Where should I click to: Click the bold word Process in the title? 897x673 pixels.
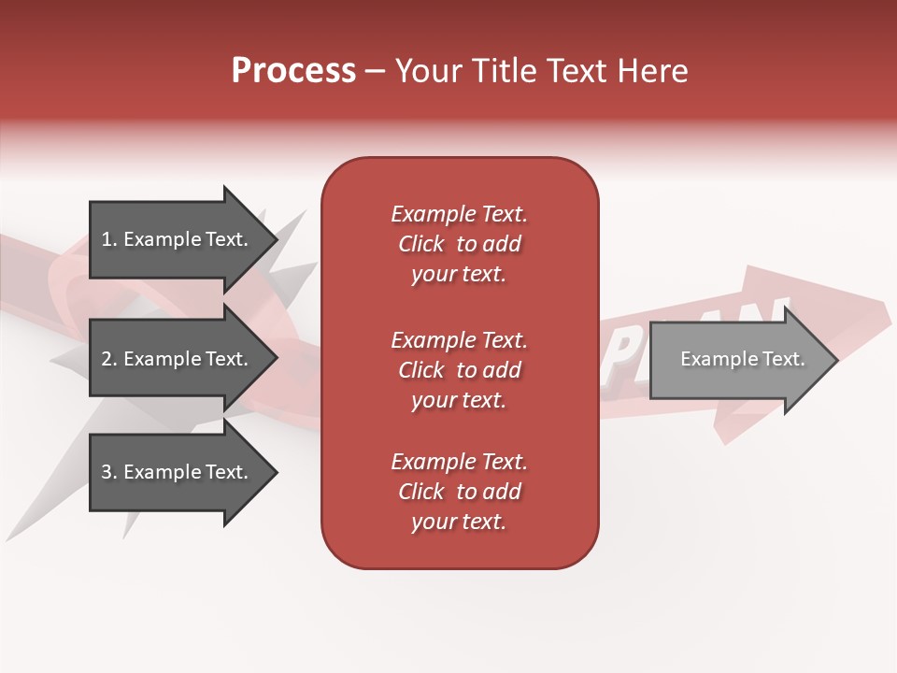pyautogui.click(x=293, y=71)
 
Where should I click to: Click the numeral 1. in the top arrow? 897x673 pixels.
pyautogui.click(x=108, y=239)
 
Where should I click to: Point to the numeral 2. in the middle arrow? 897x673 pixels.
pyautogui.click(x=108, y=359)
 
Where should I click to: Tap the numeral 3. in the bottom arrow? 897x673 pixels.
pyautogui.click(x=108, y=472)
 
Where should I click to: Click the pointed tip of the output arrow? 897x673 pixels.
pyautogui.click(x=834, y=360)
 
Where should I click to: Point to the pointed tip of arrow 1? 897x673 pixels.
pyautogui.click(x=275, y=239)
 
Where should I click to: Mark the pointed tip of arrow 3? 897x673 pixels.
pyautogui.click(x=275, y=472)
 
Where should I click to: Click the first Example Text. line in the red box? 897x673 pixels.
pyautogui.click(x=459, y=214)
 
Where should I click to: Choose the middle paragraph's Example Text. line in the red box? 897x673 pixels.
pyautogui.click(x=459, y=340)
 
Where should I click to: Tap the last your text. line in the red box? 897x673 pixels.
pyautogui.click(x=459, y=523)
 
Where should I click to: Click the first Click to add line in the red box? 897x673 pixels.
pyautogui.click(x=459, y=244)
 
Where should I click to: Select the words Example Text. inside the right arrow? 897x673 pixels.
pyautogui.click(x=742, y=359)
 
